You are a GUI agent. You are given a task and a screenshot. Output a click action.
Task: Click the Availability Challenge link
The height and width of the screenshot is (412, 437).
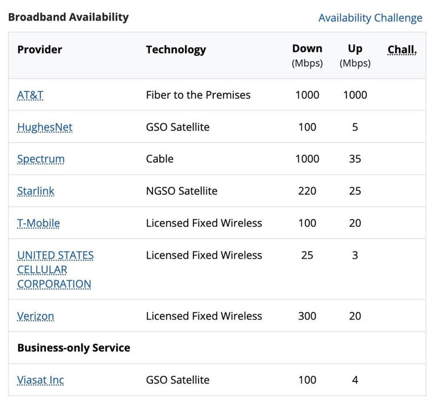pos(370,18)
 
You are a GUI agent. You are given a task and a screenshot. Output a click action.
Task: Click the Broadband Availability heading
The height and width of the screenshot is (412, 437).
pos(68,17)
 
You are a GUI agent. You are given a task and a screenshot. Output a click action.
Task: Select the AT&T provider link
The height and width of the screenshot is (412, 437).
pos(30,95)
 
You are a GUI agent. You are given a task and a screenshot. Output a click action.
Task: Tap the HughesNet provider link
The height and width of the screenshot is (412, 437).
pos(45,127)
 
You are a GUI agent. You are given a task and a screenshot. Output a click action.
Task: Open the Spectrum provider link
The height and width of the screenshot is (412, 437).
pos(41,159)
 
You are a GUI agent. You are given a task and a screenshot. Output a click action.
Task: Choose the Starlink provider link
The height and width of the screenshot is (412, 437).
pos(36,191)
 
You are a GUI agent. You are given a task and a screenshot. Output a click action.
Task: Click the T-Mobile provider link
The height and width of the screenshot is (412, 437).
pos(38,223)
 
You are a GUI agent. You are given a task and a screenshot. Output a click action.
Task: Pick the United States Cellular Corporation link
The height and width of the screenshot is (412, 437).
pos(55,269)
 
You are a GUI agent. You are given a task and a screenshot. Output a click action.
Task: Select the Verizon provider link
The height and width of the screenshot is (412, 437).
pos(36,316)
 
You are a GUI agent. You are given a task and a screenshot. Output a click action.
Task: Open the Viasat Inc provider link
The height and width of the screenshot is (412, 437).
pos(40,380)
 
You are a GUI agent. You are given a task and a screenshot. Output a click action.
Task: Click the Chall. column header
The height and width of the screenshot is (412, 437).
pos(402,49)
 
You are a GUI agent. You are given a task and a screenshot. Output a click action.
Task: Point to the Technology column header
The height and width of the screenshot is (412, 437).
pos(176,49)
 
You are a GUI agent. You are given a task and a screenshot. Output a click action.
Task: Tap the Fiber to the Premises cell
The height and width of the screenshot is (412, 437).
pos(198,95)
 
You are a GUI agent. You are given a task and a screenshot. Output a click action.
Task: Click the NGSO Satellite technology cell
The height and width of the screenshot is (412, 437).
pos(182,191)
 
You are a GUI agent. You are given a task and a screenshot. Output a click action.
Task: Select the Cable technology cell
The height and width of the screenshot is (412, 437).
pos(159,159)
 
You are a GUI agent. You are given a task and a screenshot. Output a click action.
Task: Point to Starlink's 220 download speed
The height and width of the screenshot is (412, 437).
pos(307,191)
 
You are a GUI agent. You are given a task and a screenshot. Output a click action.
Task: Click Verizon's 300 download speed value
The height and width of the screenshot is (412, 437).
pos(307,316)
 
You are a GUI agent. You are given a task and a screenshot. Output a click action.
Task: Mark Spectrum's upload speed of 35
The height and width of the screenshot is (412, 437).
pos(355,159)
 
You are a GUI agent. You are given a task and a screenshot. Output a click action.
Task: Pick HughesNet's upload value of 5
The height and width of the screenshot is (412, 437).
pos(355,127)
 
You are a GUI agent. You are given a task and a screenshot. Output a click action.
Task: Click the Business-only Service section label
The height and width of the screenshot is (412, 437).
pos(74,348)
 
